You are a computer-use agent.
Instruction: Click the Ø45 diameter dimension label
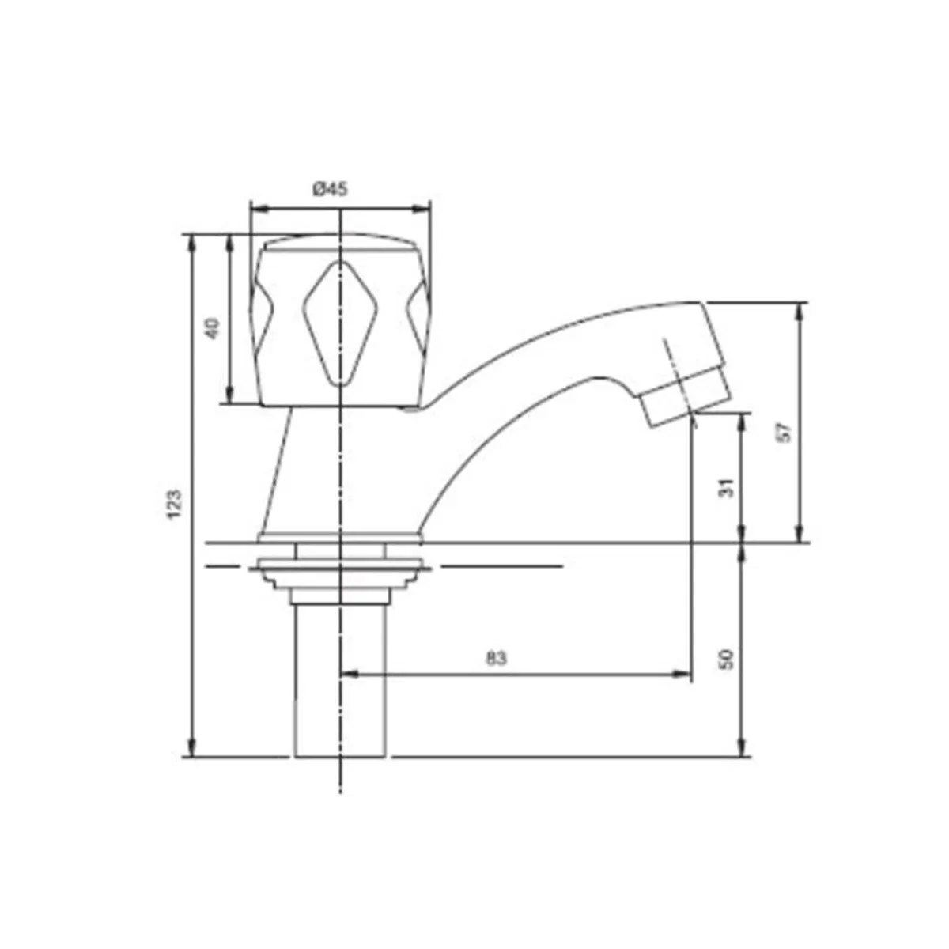pos(330,189)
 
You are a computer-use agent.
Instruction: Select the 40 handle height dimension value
pos(211,328)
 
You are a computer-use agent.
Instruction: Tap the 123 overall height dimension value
pos(175,505)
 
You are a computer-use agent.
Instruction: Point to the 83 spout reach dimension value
pos(496,658)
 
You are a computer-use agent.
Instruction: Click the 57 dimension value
pos(783,432)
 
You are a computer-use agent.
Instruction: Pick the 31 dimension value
pos(730,486)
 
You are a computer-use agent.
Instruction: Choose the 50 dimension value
pos(728,658)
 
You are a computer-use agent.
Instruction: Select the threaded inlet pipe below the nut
pos(340,680)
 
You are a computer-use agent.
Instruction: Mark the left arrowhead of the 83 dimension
pos(348,675)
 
